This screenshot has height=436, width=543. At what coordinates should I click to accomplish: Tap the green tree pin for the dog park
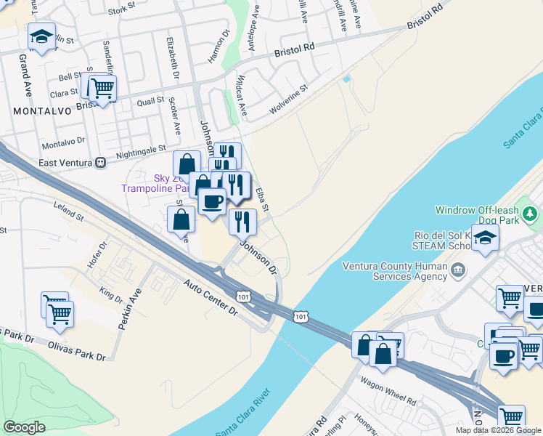(532, 214)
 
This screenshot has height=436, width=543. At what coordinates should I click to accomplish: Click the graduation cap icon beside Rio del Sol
(484, 236)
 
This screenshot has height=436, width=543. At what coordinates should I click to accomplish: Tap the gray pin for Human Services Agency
(457, 271)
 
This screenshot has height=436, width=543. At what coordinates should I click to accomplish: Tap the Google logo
(25, 427)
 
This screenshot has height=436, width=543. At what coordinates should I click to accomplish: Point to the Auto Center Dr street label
(211, 297)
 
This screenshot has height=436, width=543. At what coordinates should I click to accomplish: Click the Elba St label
(262, 201)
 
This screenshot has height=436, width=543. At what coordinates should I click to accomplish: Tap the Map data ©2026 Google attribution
(499, 430)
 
